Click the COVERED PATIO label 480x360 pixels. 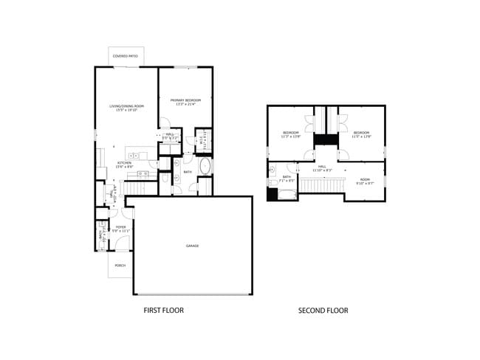coord(126,56)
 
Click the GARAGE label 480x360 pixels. coord(192,246)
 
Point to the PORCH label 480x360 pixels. coord(120,266)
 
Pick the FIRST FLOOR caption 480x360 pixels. coord(163,311)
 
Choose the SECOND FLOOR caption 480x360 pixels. coord(323,311)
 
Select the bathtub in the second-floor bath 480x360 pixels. coord(287,195)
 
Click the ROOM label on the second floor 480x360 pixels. coord(365,179)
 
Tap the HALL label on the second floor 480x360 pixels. coord(323,167)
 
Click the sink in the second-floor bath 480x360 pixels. coord(272,169)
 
